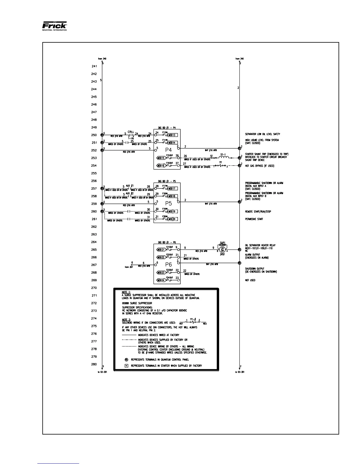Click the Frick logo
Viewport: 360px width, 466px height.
pyautogui.click(x=55, y=26)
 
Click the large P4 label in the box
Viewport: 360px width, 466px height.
pyautogui.click(x=169, y=150)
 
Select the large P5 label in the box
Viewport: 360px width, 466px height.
pyautogui.click(x=169, y=203)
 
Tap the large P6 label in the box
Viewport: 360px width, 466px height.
pyautogui.click(x=169, y=265)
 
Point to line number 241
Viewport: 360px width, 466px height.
pyautogui.click(x=94, y=66)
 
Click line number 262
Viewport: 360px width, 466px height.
pyautogui.click(x=94, y=227)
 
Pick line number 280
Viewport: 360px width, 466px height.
pyautogui.click(x=94, y=364)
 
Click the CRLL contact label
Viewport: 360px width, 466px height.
pyautogui.click(x=131, y=132)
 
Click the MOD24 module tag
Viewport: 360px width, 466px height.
pyautogui.click(x=161, y=280)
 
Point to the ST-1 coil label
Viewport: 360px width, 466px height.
pyautogui.click(x=223, y=154)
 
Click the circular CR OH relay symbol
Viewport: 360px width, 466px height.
pyautogui.click(x=223, y=249)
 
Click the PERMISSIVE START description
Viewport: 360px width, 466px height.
pyautogui.click(x=254, y=219)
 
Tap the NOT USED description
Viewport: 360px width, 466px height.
pyautogui.click(x=250, y=280)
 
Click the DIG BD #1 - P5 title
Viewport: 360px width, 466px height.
pyautogui.click(x=167, y=181)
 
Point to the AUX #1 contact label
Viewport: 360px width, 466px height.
pyautogui.click(x=130, y=186)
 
